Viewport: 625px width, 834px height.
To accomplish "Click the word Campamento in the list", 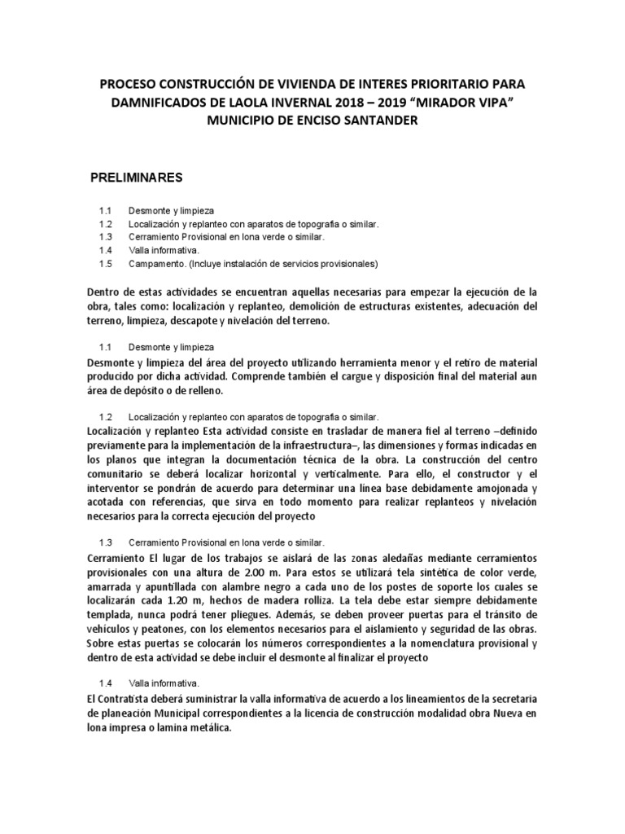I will (155, 264).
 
